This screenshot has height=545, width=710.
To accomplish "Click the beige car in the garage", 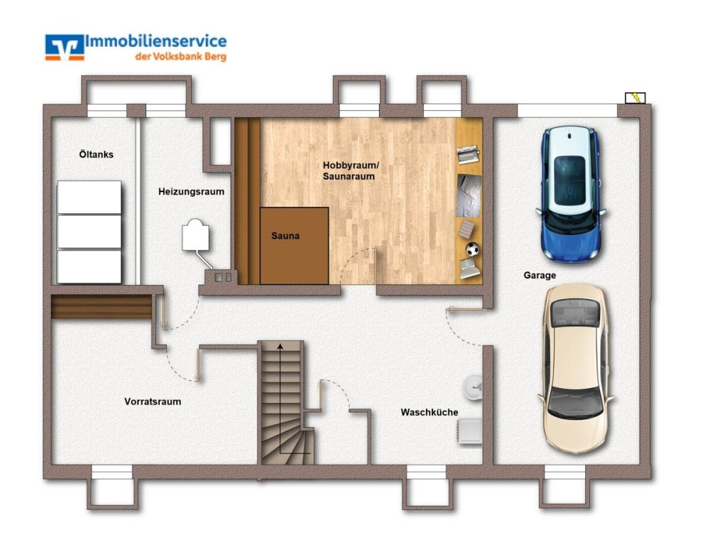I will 577,368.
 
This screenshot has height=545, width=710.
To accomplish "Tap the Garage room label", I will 540,275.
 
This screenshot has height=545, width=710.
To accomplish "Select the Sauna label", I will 285,236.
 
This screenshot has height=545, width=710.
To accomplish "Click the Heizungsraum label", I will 191,191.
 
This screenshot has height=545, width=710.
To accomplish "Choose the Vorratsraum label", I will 152,401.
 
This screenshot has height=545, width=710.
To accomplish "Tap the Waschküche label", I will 429,412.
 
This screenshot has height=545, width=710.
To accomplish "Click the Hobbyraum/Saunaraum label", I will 351,171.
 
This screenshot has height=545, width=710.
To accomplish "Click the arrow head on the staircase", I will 281,346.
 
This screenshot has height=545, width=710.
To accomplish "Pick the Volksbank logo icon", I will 64,46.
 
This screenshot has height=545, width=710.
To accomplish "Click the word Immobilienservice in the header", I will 156,41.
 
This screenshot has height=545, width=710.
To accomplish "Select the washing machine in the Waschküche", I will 470,431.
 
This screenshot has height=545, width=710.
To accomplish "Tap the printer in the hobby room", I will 469,154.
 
